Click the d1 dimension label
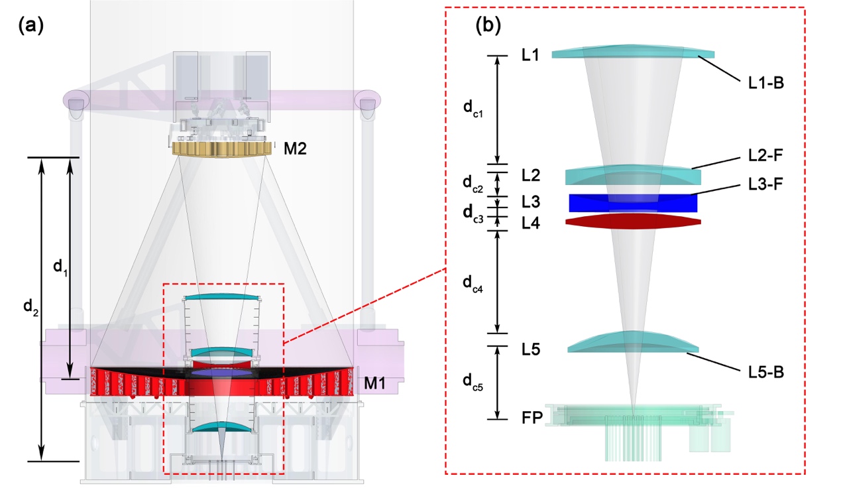(60, 267)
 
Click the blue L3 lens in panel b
(633, 203)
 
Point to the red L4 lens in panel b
(633, 221)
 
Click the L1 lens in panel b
(633, 53)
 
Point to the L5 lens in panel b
(633, 342)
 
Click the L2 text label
(531, 176)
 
